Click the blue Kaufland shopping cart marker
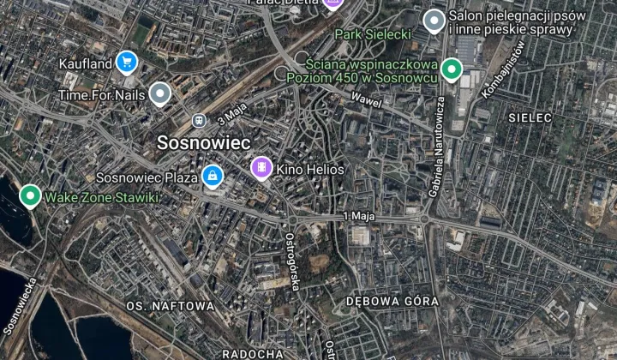tap(127, 62)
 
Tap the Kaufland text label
tap(86, 63)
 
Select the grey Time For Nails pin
tap(160, 94)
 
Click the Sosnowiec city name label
tap(202, 142)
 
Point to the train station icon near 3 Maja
tap(200, 121)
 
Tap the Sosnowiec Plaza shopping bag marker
tap(212, 177)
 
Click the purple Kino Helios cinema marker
tap(261, 168)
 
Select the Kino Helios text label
tap(309, 170)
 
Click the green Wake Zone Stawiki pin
tap(30, 197)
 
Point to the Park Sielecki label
tap(373, 34)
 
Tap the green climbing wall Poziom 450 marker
tap(451, 70)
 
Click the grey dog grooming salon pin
tap(434, 21)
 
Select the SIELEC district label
tap(530, 117)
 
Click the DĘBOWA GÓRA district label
tap(392, 302)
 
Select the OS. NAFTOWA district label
tap(170, 305)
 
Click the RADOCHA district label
tap(253, 353)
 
